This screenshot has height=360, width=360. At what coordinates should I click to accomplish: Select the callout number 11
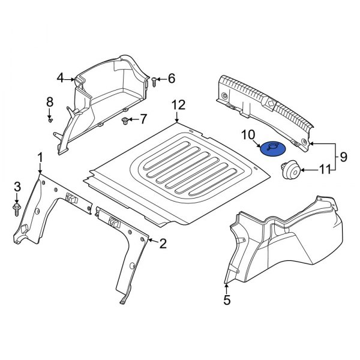pyautogui.click(x=325, y=170)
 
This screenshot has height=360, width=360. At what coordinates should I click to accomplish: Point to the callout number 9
pyautogui.click(x=343, y=157)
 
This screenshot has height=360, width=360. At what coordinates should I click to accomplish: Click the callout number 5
pyautogui.click(x=227, y=299)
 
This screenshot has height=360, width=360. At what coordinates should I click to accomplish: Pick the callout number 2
pyautogui.click(x=162, y=243)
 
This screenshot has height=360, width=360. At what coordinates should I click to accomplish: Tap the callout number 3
pyautogui.click(x=17, y=186)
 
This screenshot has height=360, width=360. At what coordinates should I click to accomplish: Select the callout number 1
pyautogui.click(x=40, y=157)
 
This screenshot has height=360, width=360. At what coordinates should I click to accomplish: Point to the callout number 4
pyautogui.click(x=60, y=77)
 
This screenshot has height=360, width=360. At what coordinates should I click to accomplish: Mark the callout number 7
pyautogui.click(x=143, y=119)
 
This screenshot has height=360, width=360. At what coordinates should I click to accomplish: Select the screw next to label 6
pyautogui.click(x=154, y=80)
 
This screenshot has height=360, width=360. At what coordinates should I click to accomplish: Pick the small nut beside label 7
pyautogui.click(x=125, y=121)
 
